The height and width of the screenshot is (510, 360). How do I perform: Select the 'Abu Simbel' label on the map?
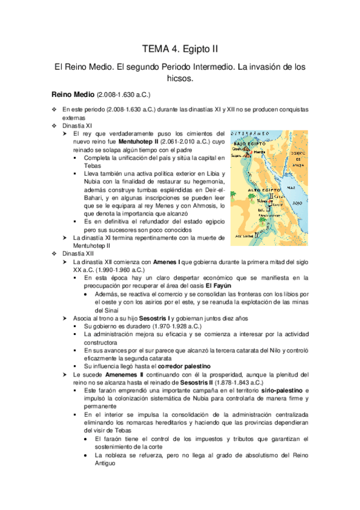point(246,236)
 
